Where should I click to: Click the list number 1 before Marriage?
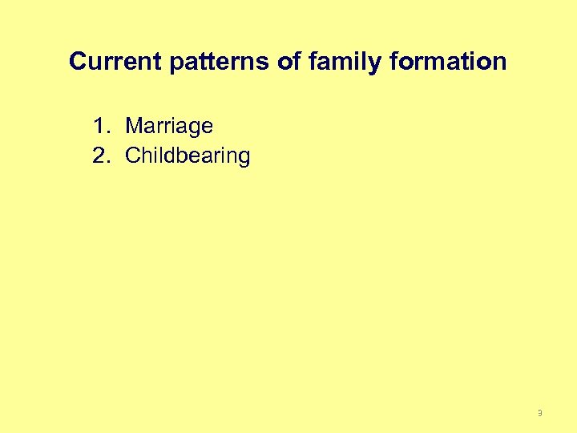tap(99, 126)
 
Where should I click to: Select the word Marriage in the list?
tap(169, 127)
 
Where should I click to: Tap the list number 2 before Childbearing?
tap(99, 156)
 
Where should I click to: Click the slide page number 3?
tap(539, 413)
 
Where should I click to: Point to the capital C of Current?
tap(78, 62)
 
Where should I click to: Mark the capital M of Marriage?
tap(135, 126)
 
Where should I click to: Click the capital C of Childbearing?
tap(134, 156)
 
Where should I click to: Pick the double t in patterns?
tap(209, 62)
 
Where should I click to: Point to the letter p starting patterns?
tap(178, 64)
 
